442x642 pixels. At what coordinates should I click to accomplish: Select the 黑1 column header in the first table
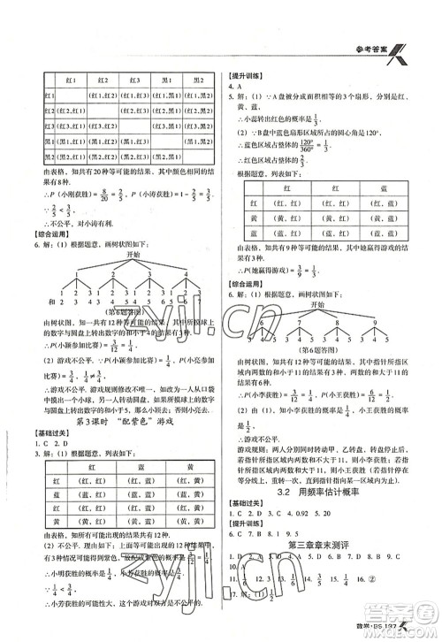coord(165,80)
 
